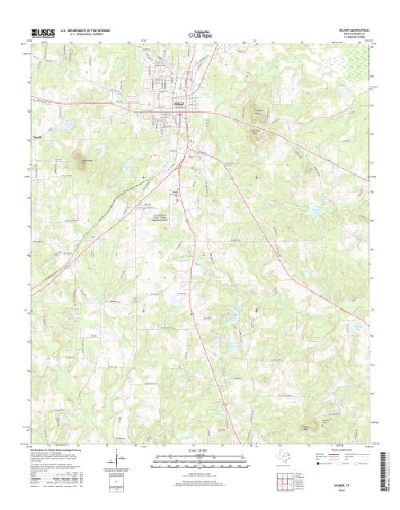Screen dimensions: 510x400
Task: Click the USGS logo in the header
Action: [42, 34]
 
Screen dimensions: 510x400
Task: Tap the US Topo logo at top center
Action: [199, 35]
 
